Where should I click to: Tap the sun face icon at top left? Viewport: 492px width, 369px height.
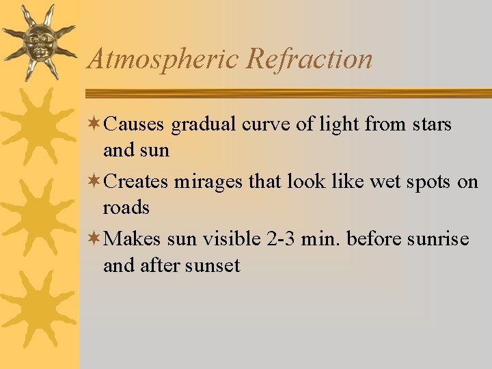tap(38, 41)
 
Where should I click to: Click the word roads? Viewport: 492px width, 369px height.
tap(126, 207)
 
